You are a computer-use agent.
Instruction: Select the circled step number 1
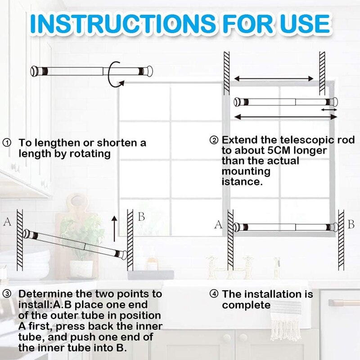pyautogui.click(x=7, y=143)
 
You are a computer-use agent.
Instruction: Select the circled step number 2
pyautogui.click(x=214, y=140)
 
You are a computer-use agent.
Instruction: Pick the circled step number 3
pyautogui.click(x=7, y=294)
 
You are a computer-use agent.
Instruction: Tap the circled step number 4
pyautogui.click(x=214, y=294)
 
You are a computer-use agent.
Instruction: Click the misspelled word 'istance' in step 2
pyautogui.click(x=242, y=182)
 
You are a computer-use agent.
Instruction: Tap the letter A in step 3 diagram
pyautogui.click(x=7, y=221)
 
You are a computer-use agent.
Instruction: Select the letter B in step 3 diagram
pyautogui.click(x=141, y=217)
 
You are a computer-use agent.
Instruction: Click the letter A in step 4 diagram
pyautogui.click(x=218, y=224)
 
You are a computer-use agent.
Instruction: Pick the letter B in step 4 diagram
pyautogui.click(x=351, y=224)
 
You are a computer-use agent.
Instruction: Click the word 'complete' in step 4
pyautogui.click(x=246, y=305)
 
